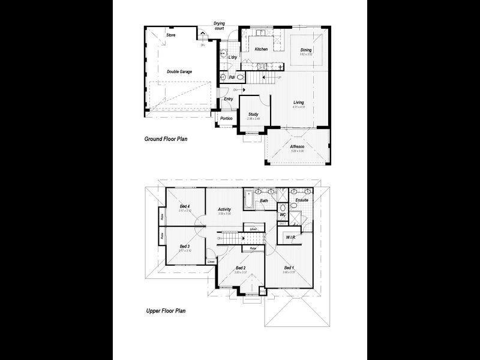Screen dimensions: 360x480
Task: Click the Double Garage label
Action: tap(179, 71)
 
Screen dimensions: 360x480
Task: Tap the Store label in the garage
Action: tap(171, 35)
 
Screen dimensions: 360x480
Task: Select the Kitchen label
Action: tap(261, 49)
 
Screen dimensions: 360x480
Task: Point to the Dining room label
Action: tap(306, 50)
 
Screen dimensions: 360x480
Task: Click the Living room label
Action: tap(298, 102)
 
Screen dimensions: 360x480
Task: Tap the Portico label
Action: tap(226, 118)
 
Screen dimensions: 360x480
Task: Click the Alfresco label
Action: tap(298, 146)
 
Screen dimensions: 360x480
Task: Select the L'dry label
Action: tap(233, 58)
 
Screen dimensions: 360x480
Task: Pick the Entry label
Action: tap(229, 99)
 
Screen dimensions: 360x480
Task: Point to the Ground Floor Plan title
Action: tap(166, 139)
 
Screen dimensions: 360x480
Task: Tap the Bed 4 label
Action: tap(185, 206)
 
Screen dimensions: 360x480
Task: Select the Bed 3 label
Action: tap(185, 246)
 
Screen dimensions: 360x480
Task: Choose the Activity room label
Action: tap(224, 209)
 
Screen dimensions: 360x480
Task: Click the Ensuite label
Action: tap(302, 200)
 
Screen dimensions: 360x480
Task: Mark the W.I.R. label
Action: tap(291, 237)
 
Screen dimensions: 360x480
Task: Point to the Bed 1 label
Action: tap(289, 268)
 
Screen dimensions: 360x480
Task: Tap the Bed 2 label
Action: tap(241, 268)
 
